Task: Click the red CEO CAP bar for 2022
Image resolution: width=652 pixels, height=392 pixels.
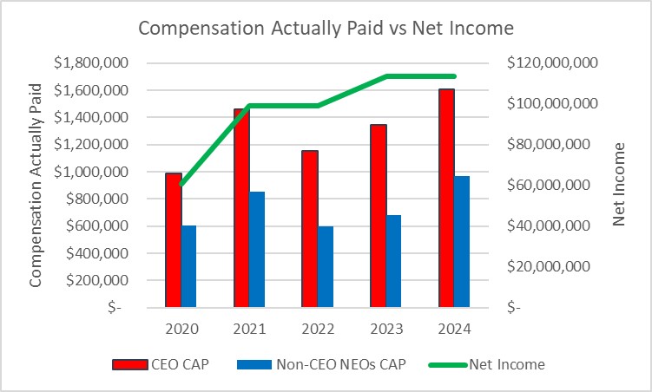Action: (x=310, y=229)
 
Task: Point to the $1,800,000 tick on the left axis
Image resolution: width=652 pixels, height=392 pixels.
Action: (x=90, y=63)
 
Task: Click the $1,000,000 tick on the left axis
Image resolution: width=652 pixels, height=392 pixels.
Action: (x=90, y=172)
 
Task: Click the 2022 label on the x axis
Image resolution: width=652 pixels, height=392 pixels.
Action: (x=318, y=329)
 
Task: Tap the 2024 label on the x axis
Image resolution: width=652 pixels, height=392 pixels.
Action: (x=454, y=329)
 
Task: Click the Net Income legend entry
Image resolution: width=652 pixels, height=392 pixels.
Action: (x=486, y=365)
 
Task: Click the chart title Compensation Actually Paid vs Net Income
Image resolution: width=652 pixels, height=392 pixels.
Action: (x=326, y=28)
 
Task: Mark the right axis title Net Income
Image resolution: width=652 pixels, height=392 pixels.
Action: (x=619, y=185)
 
